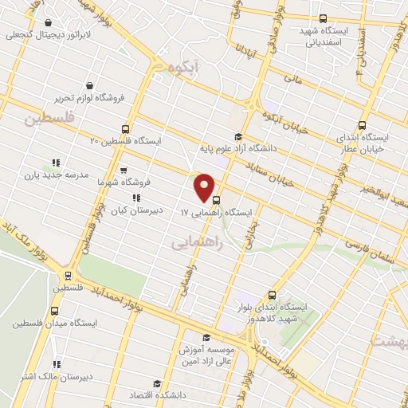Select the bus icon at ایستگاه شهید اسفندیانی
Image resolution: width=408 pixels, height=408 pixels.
[323, 18]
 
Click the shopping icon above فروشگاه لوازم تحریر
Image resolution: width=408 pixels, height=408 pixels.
[92, 84]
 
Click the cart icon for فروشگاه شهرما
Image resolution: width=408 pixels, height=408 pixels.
[122, 170]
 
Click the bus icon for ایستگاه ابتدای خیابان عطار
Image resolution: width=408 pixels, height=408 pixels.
[363, 125]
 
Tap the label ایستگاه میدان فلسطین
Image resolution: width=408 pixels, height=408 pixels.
[53, 324]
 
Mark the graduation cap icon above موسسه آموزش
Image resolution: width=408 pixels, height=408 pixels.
[206, 337]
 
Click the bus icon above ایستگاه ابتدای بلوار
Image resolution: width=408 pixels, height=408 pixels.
[273, 293]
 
